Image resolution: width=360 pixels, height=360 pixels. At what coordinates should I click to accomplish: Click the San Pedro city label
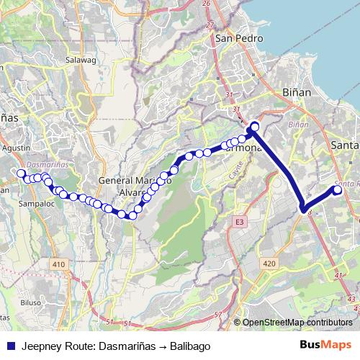tap(231, 40)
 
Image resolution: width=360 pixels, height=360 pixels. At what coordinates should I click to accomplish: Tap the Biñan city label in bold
tap(291, 94)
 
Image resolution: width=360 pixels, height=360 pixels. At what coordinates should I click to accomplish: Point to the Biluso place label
tap(31, 303)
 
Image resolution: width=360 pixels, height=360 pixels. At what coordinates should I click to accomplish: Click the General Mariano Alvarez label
tap(133, 186)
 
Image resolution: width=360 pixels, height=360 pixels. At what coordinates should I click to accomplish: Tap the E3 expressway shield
tap(239, 224)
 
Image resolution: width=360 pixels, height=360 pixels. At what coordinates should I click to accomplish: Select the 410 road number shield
tap(58, 266)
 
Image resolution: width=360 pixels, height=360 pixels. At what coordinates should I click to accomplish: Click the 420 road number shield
tap(269, 264)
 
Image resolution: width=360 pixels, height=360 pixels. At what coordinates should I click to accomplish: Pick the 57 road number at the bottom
tap(217, 315)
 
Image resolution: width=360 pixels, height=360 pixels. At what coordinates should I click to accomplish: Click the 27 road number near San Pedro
tap(211, 24)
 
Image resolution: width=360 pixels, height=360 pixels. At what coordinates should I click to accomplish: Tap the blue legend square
tap(10, 346)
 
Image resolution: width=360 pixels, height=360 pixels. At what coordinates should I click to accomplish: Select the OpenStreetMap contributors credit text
tap(297, 323)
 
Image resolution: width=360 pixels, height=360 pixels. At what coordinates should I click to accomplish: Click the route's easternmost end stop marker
tap(337, 190)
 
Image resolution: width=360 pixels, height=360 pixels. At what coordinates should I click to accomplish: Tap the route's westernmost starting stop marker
tap(20, 173)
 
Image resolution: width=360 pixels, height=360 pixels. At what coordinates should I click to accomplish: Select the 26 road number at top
tap(207, 3)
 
